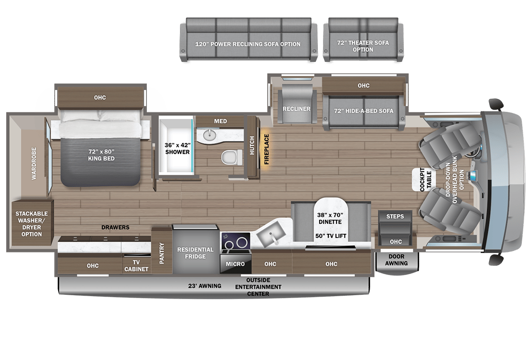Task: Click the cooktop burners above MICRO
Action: [x=236, y=242]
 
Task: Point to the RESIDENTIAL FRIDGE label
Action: [x=195, y=253]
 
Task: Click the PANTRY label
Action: [x=162, y=253]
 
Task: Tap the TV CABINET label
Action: [x=136, y=266]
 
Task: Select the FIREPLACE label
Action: [x=266, y=149]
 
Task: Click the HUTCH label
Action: [x=252, y=145]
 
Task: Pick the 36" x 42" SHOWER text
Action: [x=178, y=148]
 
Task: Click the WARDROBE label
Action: [x=34, y=163]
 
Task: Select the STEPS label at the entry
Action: [x=395, y=216]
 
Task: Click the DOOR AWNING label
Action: [x=396, y=260]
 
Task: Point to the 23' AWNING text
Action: [x=205, y=286]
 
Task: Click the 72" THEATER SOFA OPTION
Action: [x=363, y=40]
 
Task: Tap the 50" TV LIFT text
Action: [x=331, y=236]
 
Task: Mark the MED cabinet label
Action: [x=221, y=121]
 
